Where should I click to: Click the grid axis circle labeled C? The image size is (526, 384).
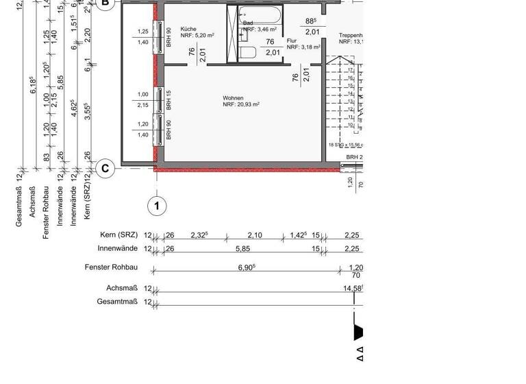click(105, 168)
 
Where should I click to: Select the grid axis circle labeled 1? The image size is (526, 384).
click(157, 205)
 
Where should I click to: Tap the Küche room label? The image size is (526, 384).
click(188, 29)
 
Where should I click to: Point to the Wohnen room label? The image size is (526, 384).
click(233, 98)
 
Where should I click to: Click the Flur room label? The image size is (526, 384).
click(292, 41)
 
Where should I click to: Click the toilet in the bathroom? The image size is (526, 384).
click(248, 53)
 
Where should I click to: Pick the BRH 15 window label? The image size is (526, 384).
click(168, 100)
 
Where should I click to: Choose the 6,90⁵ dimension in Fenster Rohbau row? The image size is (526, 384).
click(246, 267)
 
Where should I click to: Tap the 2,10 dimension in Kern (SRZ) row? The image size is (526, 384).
click(254, 235)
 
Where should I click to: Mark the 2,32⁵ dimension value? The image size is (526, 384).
click(199, 235)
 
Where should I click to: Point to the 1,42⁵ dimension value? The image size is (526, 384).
click(298, 235)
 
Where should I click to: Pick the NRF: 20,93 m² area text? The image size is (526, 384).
click(240, 105)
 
